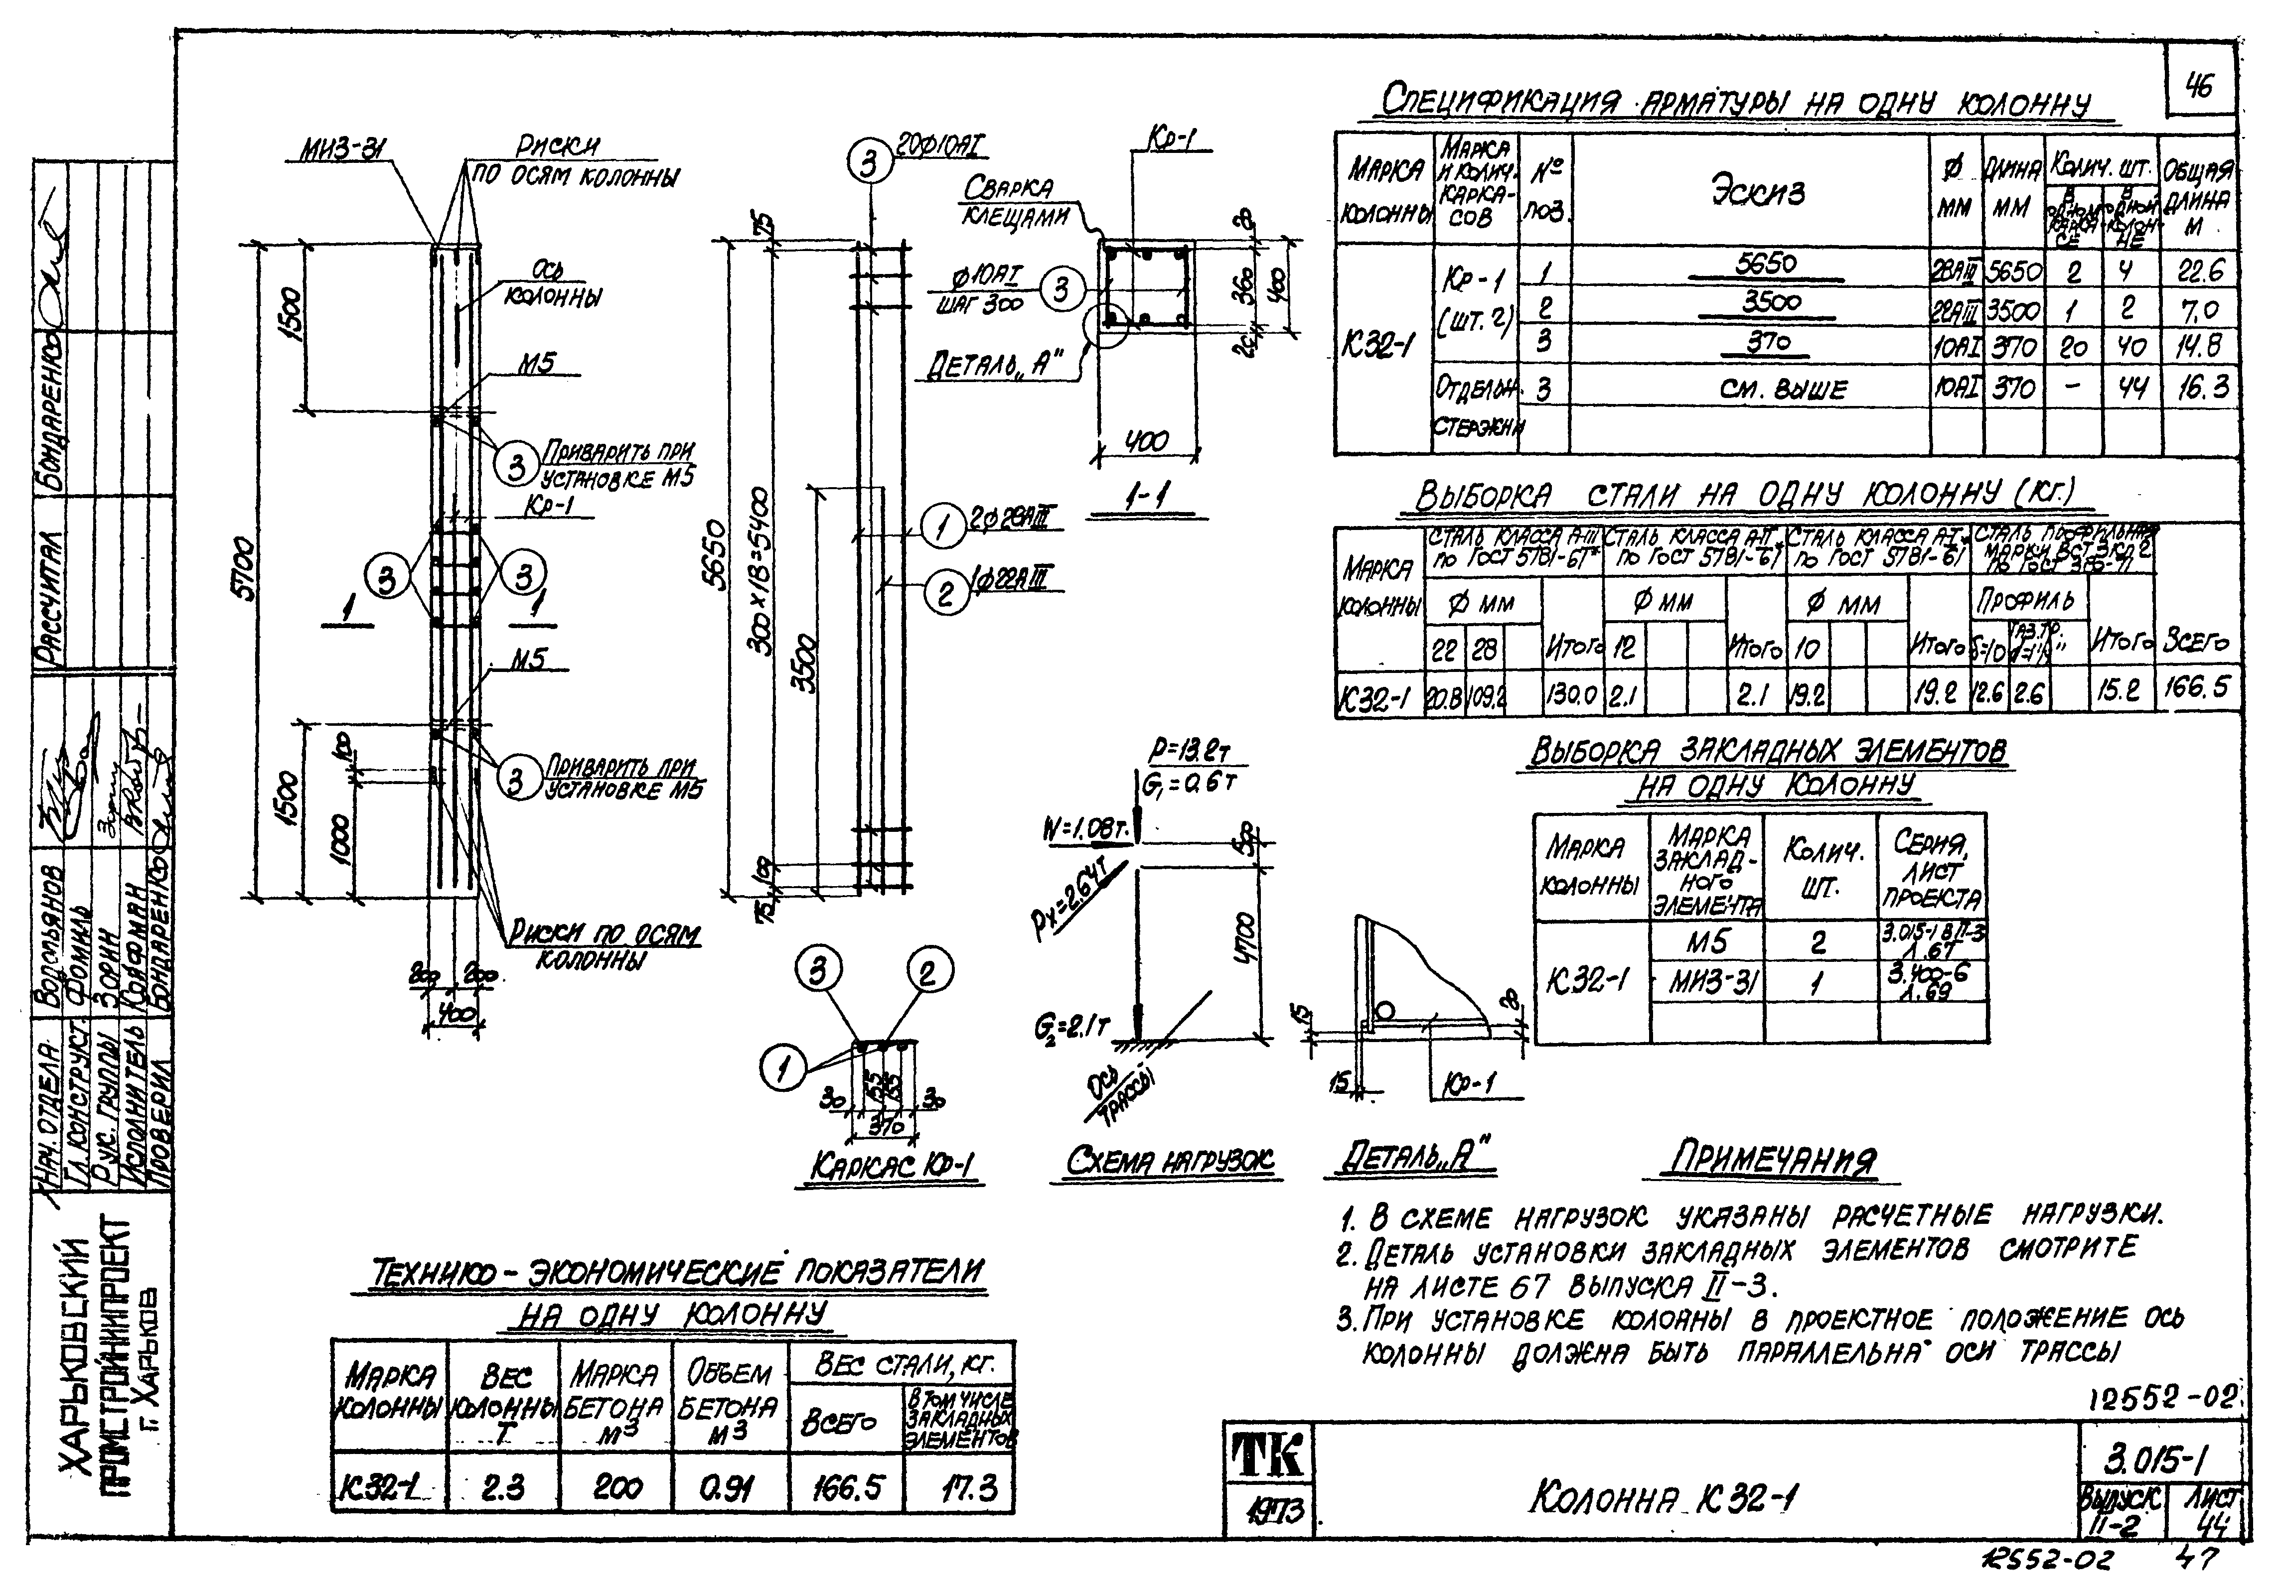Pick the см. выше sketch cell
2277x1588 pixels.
pyautogui.click(x=1782, y=389)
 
